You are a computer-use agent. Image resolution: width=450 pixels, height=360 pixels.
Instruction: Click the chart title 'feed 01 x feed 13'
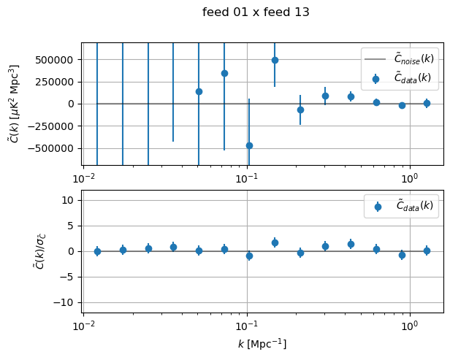pos(256,12)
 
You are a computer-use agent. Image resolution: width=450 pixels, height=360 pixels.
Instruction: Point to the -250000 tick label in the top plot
pos(51,126)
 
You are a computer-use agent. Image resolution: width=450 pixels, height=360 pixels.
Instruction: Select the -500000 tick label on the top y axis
pos(51,148)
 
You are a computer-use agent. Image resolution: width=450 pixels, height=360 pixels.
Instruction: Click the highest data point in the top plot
pos(275,60)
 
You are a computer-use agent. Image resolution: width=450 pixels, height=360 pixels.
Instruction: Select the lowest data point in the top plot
pos(249,145)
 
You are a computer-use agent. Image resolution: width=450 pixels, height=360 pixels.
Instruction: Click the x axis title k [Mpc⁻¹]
pos(262,343)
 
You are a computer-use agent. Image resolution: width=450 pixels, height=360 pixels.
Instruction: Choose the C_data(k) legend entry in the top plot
pos(404,77)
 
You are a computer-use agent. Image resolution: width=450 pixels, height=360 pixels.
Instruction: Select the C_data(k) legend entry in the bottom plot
pos(404,207)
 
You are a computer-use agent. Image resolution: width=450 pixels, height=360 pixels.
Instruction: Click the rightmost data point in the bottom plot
pos(427,250)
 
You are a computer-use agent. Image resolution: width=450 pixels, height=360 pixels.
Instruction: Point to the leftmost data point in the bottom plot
pos(97,251)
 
